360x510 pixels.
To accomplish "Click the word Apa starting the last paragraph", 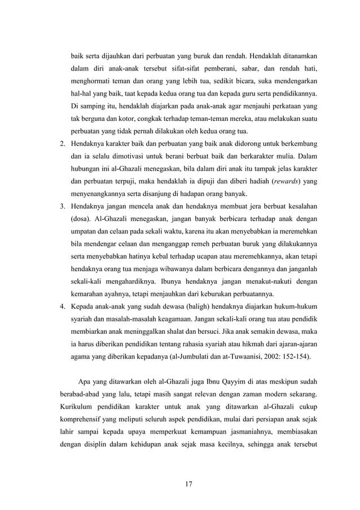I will [86, 377].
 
